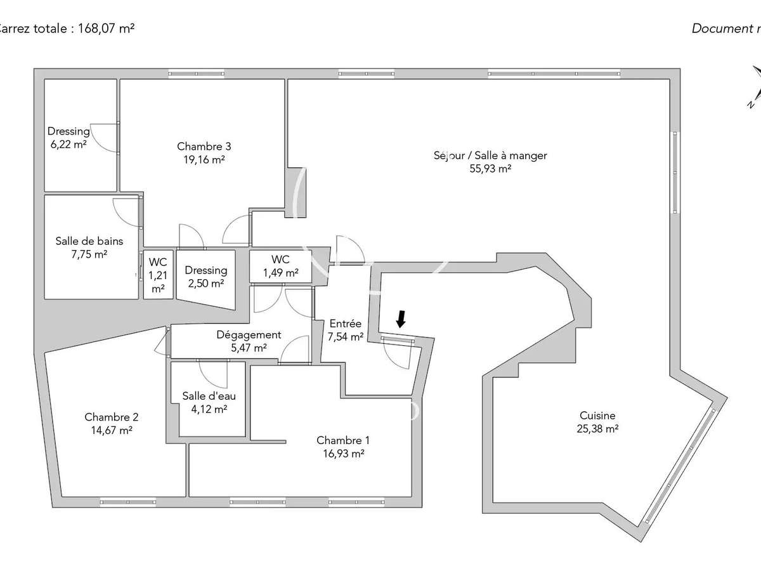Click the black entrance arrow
(401, 319)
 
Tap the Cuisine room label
(597, 416)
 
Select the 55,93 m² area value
(490, 169)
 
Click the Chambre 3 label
(204, 147)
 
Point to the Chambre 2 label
(111, 417)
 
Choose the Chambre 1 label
(343, 440)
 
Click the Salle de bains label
(89, 241)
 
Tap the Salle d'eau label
(209, 396)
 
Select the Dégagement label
(249, 334)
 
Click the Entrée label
(346, 324)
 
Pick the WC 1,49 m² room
(280, 266)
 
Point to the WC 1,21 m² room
(158, 275)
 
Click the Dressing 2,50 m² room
(206, 277)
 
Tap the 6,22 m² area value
(68, 144)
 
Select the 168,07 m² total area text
(106, 29)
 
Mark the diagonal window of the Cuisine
(680, 466)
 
